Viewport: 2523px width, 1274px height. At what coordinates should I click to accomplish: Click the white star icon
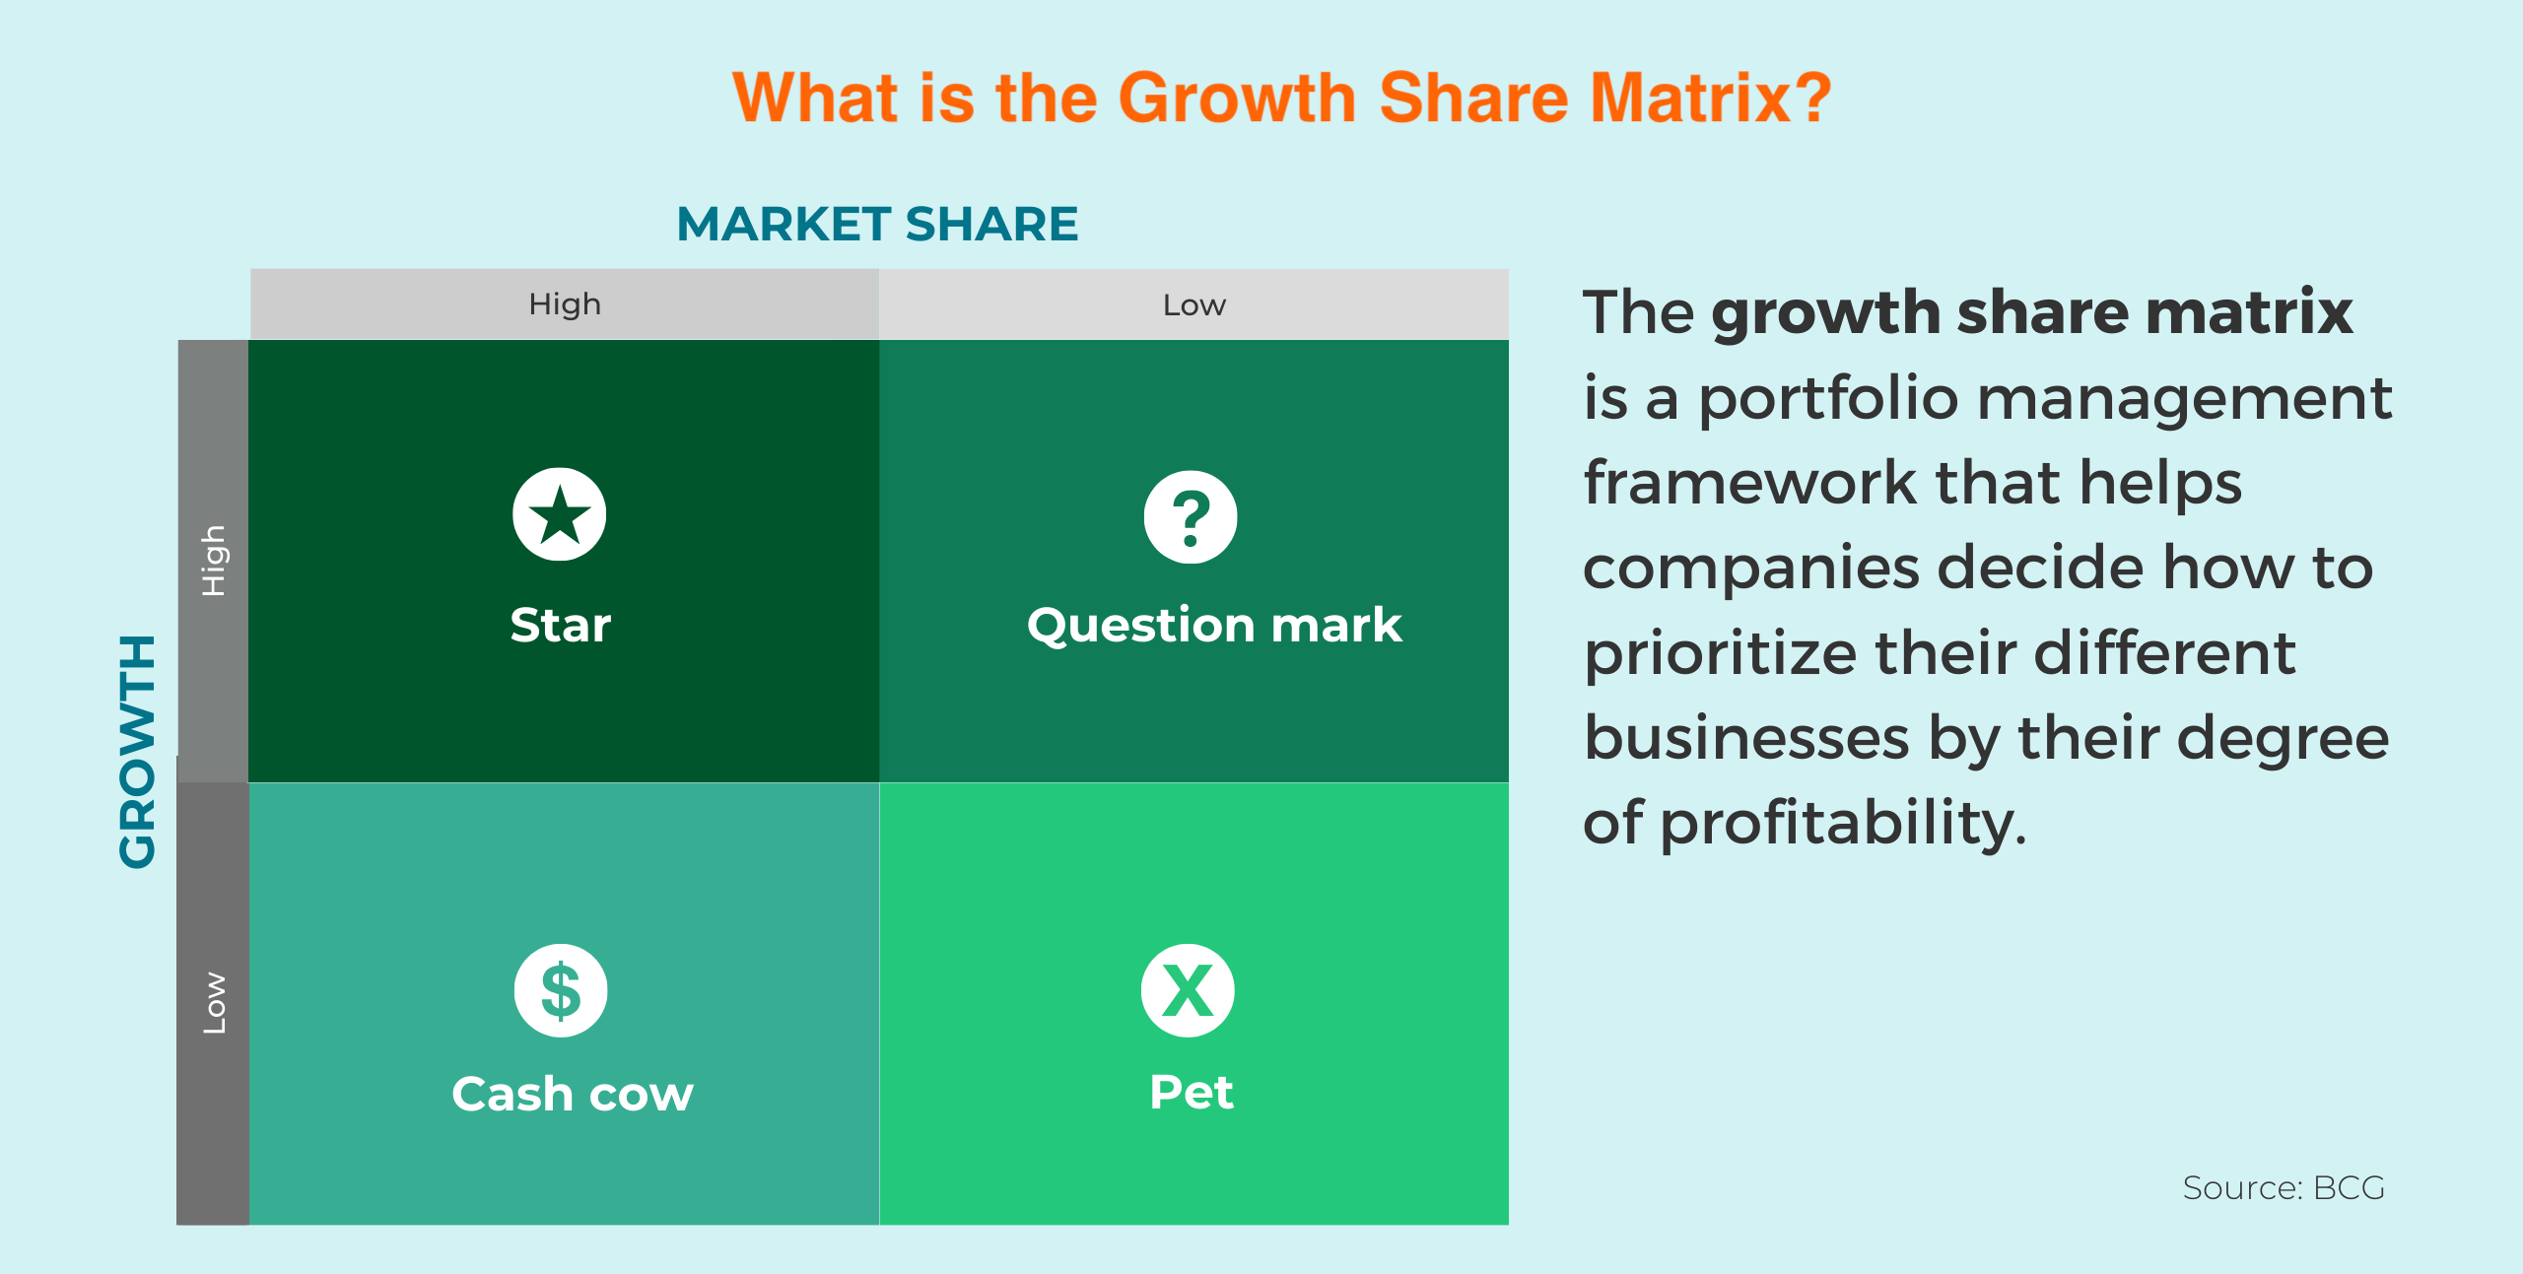coord(560,514)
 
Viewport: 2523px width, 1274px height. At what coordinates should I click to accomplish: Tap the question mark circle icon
coord(1191,517)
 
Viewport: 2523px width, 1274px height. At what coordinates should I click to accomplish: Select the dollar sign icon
coord(561,990)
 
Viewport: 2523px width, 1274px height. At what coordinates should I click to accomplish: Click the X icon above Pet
coord(1188,990)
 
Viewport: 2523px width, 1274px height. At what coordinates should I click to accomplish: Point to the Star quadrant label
coord(561,625)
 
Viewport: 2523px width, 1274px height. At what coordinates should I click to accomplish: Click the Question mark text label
coord(1214,626)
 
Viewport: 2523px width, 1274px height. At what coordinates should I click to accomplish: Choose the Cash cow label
coord(573,1094)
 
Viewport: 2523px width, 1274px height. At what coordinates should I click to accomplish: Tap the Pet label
coord(1192,1092)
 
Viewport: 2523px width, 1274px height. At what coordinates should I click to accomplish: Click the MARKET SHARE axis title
coord(877,224)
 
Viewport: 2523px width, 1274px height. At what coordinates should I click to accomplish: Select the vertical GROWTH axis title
coord(138,751)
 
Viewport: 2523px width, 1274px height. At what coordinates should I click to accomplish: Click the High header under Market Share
coord(565,304)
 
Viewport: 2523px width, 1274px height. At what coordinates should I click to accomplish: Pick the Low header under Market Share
coord(1194,305)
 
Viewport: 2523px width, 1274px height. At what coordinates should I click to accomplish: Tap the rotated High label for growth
coord(214,561)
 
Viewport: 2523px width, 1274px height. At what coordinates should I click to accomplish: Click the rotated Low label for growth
coord(214,1003)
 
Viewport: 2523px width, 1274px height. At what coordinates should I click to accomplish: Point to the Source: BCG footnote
coord(2284,1188)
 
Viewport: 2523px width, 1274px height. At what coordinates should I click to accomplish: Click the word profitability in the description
coord(1844,824)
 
